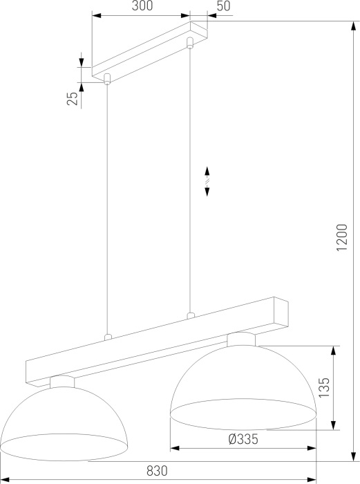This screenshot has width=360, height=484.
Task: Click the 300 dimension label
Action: click(x=142, y=6)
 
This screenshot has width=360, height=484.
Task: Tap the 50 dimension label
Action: click(x=223, y=6)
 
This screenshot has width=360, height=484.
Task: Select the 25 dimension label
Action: click(x=73, y=99)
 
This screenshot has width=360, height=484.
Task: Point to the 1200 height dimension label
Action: click(x=342, y=237)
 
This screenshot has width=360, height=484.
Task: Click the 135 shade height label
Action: click(x=324, y=387)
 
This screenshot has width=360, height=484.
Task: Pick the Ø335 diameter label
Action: click(x=243, y=439)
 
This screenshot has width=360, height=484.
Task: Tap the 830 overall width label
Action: click(x=157, y=471)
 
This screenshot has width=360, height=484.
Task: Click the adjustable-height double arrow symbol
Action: click(x=207, y=181)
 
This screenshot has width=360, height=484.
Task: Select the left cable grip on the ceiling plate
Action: click(x=107, y=79)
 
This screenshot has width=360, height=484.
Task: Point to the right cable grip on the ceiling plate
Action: click(x=190, y=43)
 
